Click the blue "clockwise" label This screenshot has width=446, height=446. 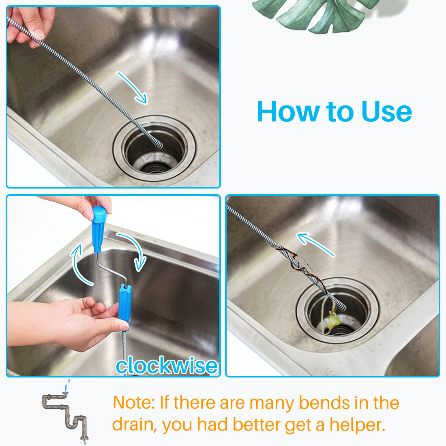166,365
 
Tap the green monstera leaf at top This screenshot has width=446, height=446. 316,14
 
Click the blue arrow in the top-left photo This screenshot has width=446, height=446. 133,88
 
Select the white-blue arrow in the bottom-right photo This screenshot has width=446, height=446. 315,244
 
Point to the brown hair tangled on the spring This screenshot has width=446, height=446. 296,264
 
